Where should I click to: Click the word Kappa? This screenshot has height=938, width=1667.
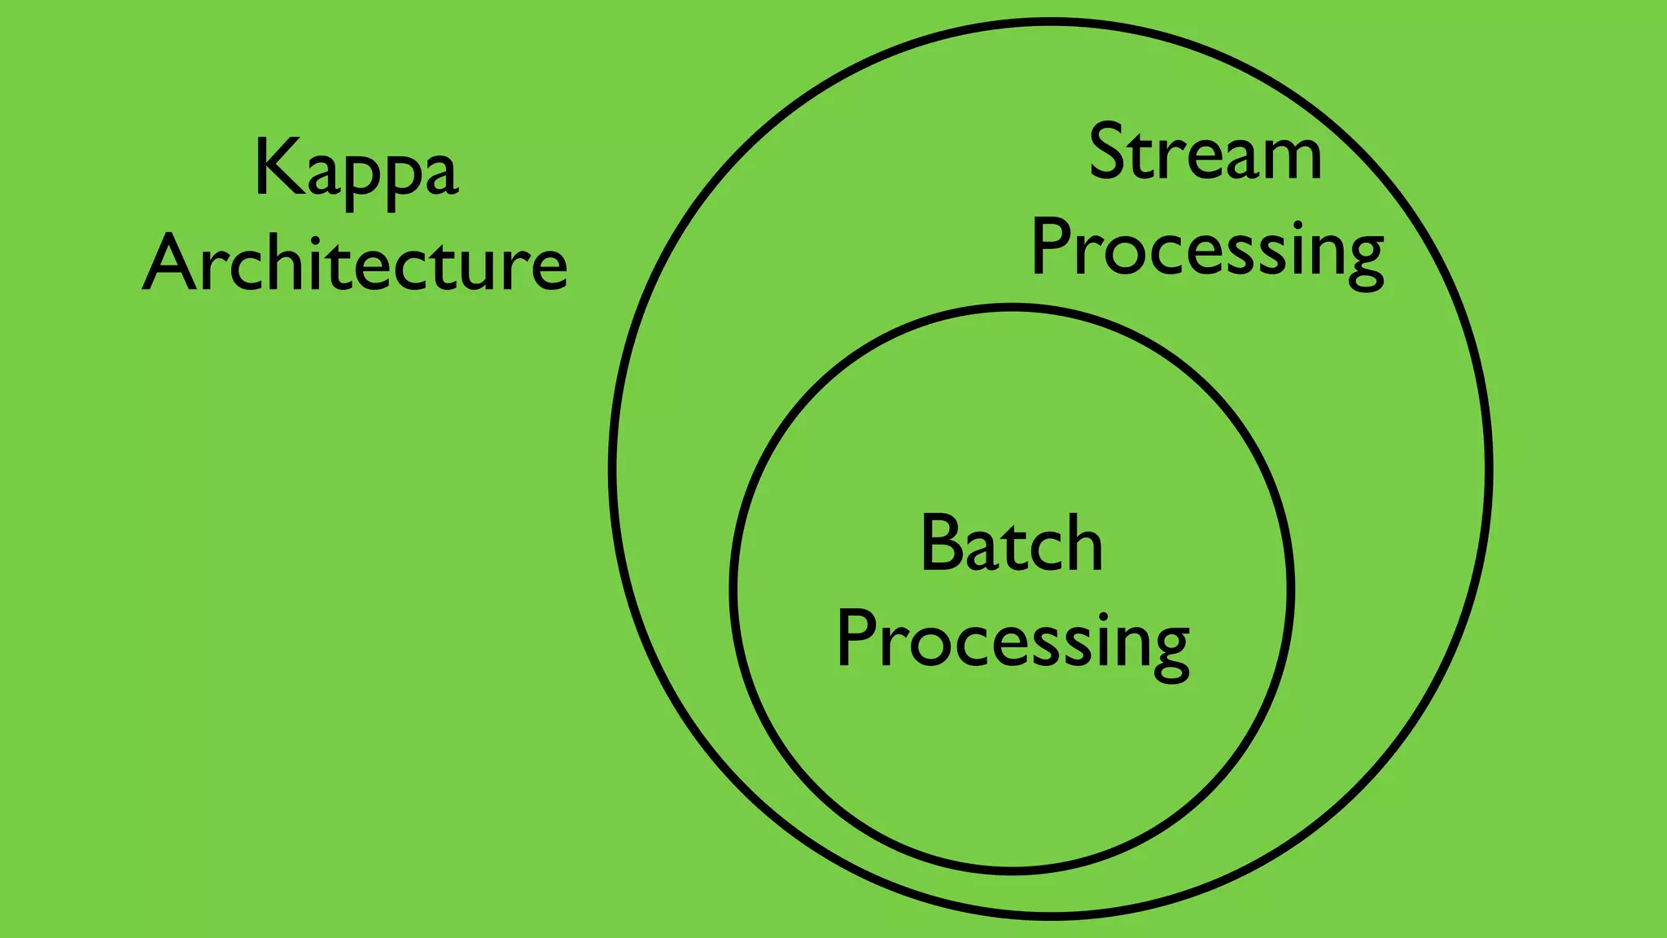[x=357, y=169]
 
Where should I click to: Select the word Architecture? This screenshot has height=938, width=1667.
[x=356, y=262]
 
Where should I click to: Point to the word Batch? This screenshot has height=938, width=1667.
[x=1012, y=544]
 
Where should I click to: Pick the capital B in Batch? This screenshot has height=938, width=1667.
[x=942, y=543]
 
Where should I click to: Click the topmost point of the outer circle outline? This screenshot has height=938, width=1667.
[x=1050, y=21]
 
